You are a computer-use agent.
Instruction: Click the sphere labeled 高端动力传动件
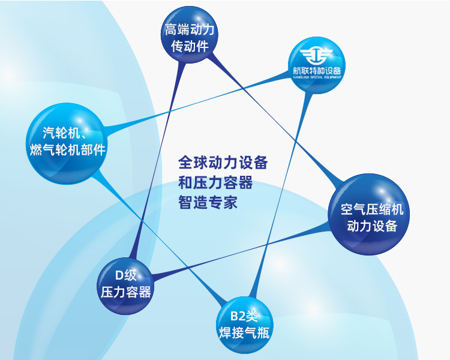190,35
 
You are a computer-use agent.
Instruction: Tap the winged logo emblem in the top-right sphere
316,56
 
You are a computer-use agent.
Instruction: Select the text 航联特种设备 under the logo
317,71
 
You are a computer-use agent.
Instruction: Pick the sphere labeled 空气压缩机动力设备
369,214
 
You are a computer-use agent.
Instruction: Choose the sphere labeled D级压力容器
125,286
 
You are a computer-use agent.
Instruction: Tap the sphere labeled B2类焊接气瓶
245,325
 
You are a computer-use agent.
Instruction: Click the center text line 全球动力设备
223,163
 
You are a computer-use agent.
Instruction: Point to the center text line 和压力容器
215,182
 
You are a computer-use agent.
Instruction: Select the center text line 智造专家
208,202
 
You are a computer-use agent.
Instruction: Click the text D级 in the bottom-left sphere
126,275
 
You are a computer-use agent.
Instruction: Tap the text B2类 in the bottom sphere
244,316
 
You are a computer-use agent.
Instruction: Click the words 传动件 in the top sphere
190,46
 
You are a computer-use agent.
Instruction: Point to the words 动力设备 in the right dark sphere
372,226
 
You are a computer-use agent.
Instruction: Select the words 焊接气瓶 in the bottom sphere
244,333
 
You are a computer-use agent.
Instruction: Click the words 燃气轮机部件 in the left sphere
68,149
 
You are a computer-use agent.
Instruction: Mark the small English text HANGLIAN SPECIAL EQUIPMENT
317,77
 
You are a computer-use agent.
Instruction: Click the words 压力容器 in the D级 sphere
126,292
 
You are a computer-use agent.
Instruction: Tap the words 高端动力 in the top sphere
190,30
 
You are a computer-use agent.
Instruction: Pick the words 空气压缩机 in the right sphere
372,209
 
